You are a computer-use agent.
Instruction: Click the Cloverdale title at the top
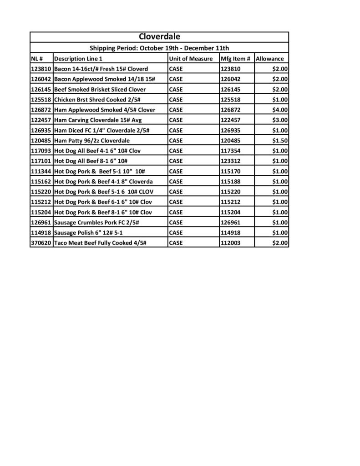click(x=159, y=36)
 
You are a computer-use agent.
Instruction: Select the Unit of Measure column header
click(x=191, y=59)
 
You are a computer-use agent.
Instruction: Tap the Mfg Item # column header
click(x=235, y=59)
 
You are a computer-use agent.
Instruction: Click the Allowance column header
click(x=270, y=59)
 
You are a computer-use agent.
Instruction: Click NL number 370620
click(x=41, y=243)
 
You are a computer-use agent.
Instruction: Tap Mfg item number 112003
click(x=230, y=243)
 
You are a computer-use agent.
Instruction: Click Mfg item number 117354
click(x=230, y=151)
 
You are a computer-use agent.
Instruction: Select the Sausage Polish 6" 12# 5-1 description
click(x=88, y=233)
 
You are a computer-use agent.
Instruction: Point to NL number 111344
click(x=41, y=171)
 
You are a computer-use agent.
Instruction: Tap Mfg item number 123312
click(x=230, y=161)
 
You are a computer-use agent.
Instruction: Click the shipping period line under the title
click(x=159, y=48)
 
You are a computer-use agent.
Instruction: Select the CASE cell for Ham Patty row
click(x=176, y=141)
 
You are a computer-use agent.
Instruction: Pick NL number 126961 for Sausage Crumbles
click(x=41, y=223)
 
